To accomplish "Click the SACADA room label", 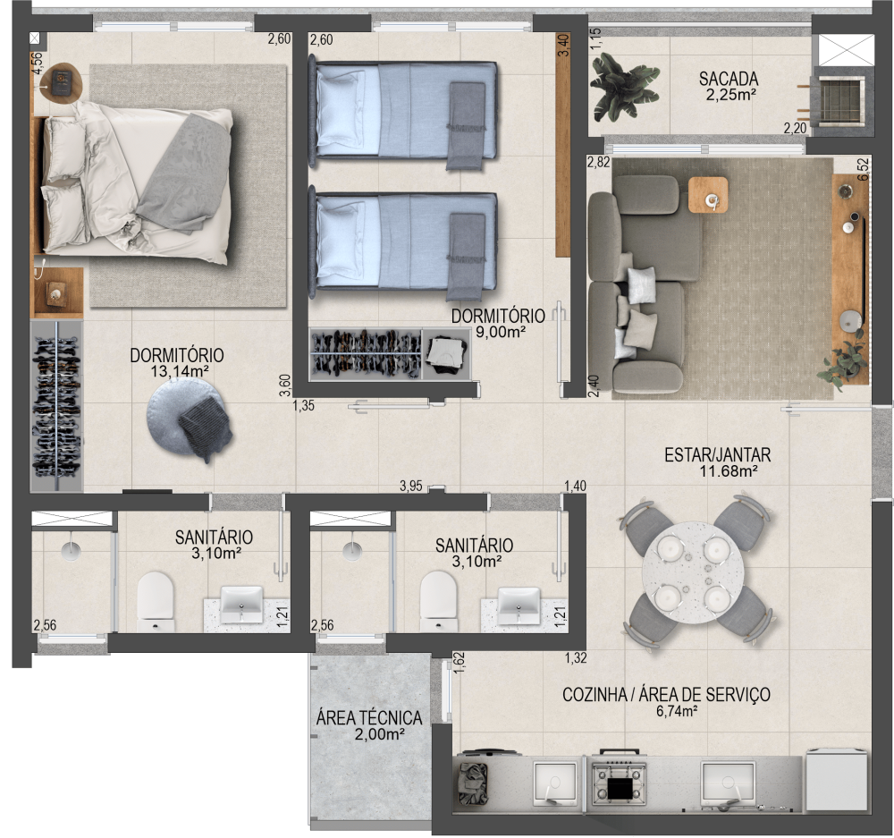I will [x=729, y=79].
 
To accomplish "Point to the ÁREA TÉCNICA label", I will [x=369, y=717].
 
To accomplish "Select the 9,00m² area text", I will [x=500, y=332].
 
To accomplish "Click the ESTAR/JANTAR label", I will [x=717, y=454].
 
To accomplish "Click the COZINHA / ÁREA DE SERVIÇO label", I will [x=666, y=695].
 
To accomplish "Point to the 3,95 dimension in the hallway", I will [x=410, y=486].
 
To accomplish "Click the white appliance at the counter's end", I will [x=837, y=780].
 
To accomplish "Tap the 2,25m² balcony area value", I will [x=729, y=96].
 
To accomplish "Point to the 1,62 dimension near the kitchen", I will [x=459, y=663].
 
